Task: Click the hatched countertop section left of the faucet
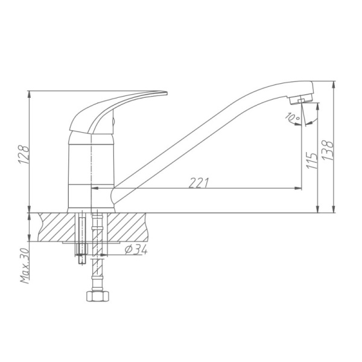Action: point(54,226)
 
